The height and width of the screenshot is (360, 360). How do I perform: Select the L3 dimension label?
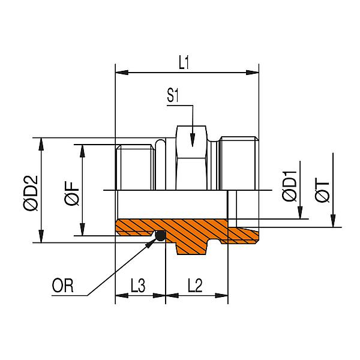click(139, 285)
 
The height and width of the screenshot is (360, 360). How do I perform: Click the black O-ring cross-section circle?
click(160, 236)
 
